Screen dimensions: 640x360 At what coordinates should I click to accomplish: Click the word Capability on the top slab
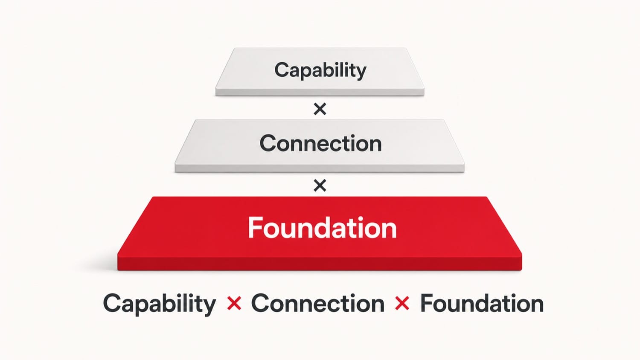[x=320, y=70]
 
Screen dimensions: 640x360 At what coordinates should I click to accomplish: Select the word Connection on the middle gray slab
[x=320, y=143]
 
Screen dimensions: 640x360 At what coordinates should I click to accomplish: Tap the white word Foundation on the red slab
[x=322, y=227]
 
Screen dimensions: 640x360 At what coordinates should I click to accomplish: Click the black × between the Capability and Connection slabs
[x=320, y=109]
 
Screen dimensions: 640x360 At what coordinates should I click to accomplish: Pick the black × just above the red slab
[x=320, y=186]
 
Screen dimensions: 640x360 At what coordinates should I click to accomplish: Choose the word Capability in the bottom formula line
[x=160, y=304]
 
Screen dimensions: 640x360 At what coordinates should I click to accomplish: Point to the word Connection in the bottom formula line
[x=318, y=303]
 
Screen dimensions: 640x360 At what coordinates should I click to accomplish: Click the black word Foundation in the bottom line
[x=482, y=303]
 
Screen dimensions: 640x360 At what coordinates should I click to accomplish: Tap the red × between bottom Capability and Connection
[x=234, y=303]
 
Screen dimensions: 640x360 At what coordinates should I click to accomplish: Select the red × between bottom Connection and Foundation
[x=402, y=303]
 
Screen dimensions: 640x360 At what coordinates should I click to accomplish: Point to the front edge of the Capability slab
[x=320, y=92]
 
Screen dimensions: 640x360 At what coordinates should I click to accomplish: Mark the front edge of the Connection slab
[x=320, y=168]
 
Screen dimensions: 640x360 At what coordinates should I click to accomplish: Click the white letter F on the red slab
[x=255, y=227]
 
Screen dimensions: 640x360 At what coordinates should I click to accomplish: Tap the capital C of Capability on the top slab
[x=282, y=70]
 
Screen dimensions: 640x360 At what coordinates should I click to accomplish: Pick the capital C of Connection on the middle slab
[x=268, y=143]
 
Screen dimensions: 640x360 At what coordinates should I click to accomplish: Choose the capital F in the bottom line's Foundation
[x=426, y=303]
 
